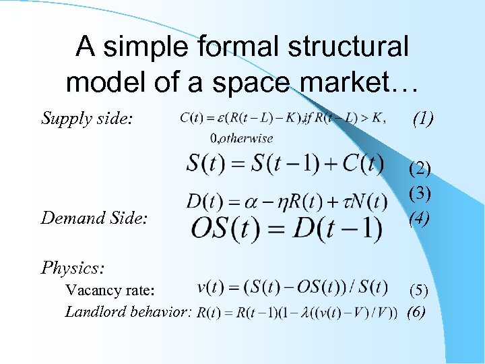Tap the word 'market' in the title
coord(348,82)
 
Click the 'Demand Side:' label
coord(92,217)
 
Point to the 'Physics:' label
coord(73,268)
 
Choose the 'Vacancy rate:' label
coord(110,291)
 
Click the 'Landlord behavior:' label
coord(129,311)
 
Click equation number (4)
coord(420,218)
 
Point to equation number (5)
coord(420,291)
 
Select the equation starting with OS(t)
coord(286,228)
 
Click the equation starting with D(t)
coord(286,201)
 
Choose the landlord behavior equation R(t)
coord(297,312)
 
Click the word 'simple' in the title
coord(147,47)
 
